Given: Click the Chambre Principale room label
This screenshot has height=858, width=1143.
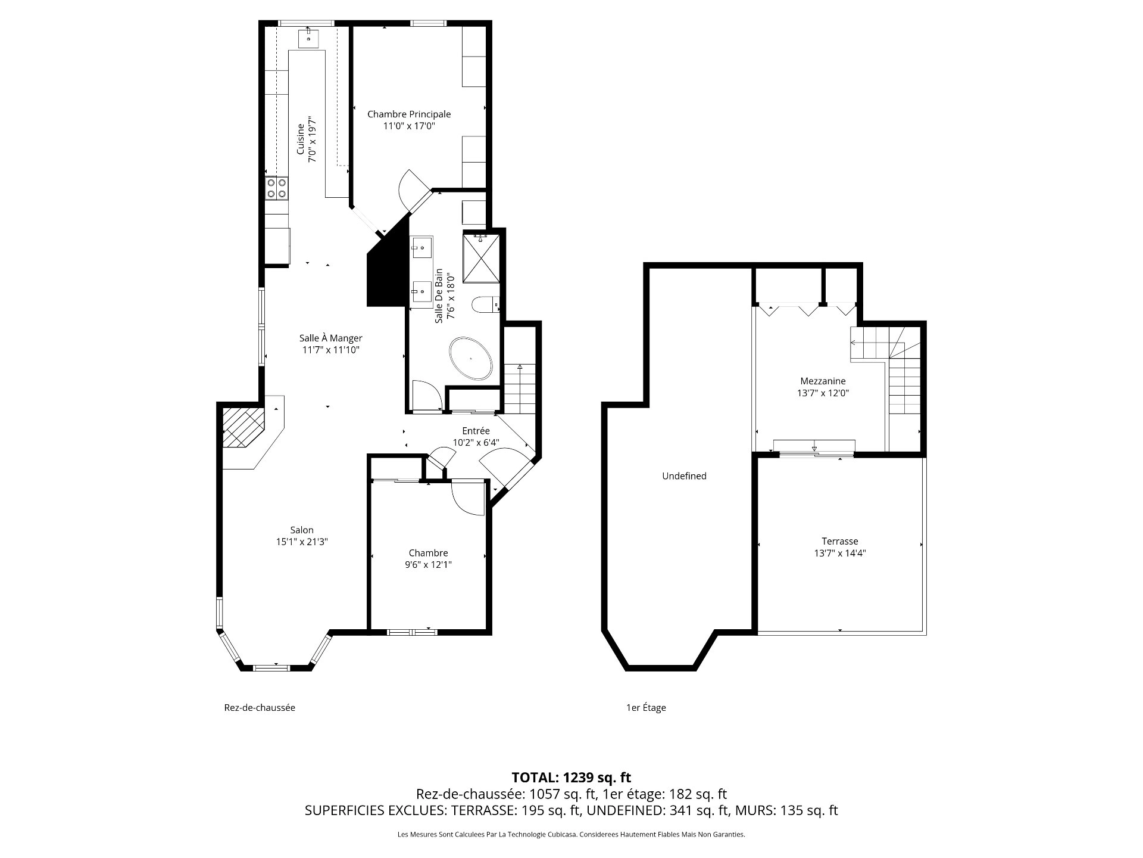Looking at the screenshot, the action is point(409,114).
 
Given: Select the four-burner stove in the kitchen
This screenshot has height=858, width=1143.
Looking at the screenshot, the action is point(277,188).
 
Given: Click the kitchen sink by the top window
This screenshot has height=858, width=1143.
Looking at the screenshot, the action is point(309,38).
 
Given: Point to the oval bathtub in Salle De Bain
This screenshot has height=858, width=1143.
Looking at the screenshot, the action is point(471,359).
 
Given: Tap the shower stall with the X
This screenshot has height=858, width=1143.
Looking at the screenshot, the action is point(482,257).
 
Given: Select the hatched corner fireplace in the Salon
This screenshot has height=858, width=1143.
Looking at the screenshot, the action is point(242,427).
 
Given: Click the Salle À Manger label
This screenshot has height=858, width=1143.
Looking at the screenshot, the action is point(330,338).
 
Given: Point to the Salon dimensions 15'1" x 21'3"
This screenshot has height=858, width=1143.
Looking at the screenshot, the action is point(302,542).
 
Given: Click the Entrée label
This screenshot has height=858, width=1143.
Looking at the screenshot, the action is point(476,431).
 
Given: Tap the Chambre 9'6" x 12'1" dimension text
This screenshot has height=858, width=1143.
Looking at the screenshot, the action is point(428,564).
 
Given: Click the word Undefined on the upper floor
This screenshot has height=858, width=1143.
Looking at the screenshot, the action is point(684,475).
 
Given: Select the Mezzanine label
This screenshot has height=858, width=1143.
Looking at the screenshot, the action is point(823,381).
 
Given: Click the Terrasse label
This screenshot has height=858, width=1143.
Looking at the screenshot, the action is point(839,541).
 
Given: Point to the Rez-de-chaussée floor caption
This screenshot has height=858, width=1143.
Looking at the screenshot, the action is point(260,707).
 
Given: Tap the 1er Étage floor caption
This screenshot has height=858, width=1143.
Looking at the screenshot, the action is point(646,707).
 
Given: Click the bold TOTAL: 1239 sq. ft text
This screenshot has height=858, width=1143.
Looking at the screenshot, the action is point(571,777).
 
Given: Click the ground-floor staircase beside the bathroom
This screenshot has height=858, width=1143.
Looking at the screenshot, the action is point(520,388).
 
